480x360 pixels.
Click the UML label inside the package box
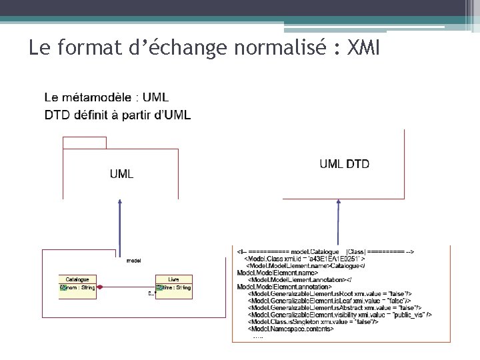(x=121, y=174)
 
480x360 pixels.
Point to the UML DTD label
(x=344, y=164)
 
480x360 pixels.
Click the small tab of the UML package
(x=84, y=141)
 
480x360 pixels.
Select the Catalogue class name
(x=77, y=279)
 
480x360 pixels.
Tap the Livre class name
(x=173, y=279)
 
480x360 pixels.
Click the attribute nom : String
(x=81, y=288)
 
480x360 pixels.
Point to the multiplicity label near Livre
(x=151, y=294)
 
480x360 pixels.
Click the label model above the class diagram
(x=133, y=260)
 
